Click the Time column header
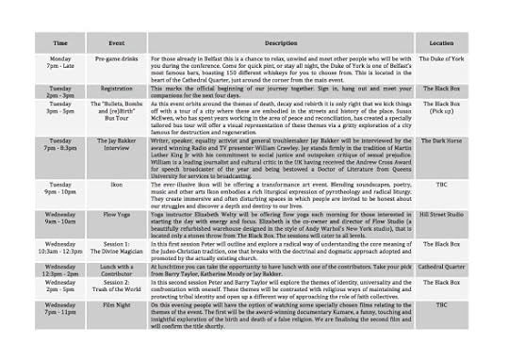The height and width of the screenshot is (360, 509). tap(60, 43)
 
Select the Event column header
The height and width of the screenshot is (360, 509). tap(118, 43)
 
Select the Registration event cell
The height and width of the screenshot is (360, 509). tap(118, 90)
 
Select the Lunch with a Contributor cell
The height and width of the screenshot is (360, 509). tap(118, 270)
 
